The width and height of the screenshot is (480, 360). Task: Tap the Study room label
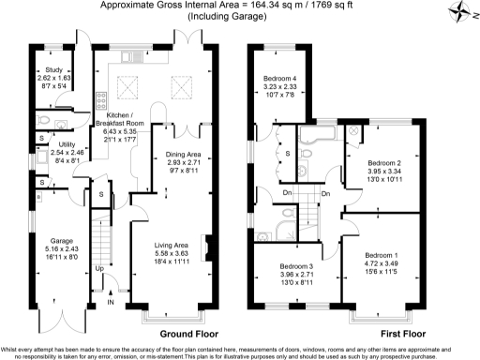point(47,70)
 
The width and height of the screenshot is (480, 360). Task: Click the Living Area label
point(176,245)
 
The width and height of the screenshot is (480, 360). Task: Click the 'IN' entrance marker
point(111,303)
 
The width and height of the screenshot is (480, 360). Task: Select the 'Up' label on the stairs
point(101,269)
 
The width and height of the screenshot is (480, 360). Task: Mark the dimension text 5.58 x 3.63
point(176,254)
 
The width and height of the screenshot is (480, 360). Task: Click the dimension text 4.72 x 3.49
point(382,264)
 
